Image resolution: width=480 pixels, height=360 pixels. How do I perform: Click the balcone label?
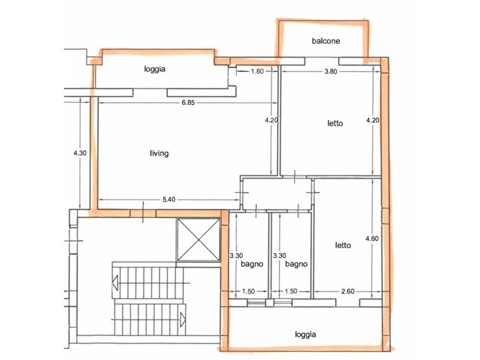click(x=326, y=41)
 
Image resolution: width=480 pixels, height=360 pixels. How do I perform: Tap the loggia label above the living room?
click(x=156, y=69)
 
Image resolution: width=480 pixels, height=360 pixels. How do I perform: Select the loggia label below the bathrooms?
click(x=306, y=335)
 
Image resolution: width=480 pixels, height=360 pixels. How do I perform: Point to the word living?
click(x=159, y=153)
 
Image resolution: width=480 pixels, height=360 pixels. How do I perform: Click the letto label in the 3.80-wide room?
click(x=334, y=123)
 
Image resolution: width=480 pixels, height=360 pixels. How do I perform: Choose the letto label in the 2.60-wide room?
click(x=344, y=245)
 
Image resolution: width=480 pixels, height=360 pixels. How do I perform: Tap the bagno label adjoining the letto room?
click(x=296, y=264)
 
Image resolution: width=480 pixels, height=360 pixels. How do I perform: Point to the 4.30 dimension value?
click(x=80, y=153)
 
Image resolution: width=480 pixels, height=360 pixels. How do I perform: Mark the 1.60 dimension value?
click(x=258, y=71)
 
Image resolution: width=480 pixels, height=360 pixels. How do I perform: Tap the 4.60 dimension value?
click(x=372, y=239)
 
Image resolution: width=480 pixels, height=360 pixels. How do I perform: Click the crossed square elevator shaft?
click(x=197, y=240)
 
